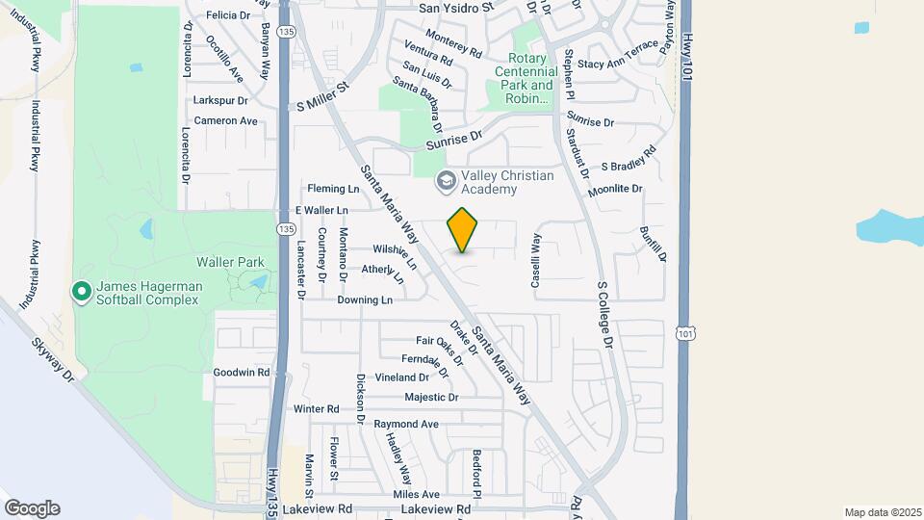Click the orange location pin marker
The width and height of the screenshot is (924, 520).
(463, 230)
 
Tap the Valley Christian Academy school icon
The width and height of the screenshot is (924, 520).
(446, 180)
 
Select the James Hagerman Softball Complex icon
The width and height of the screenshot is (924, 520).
(82, 290)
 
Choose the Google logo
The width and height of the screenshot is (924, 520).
(32, 508)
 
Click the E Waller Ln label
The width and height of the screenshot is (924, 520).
(321, 210)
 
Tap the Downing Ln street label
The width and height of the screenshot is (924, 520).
(365, 300)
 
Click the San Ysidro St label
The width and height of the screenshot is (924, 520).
(455, 7)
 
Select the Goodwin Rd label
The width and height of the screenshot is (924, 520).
(242, 372)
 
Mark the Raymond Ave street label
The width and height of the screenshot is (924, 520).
(406, 424)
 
